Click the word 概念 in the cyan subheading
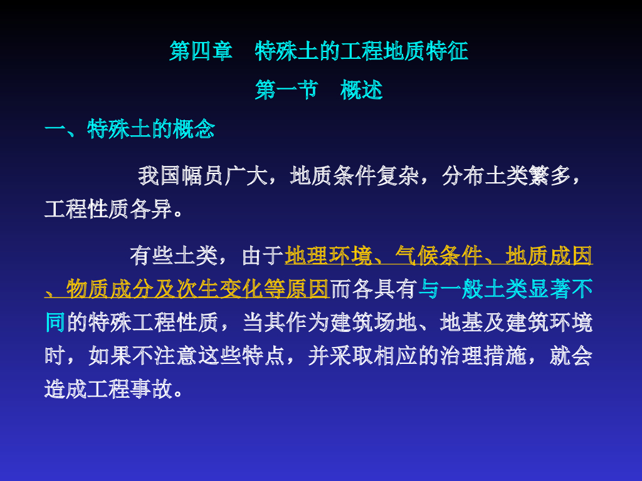[x=194, y=129]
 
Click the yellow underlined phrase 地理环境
[x=328, y=256]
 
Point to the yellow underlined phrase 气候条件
[x=438, y=256]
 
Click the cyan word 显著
[x=549, y=289]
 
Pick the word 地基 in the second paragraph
[x=461, y=323]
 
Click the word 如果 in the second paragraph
[x=109, y=356]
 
